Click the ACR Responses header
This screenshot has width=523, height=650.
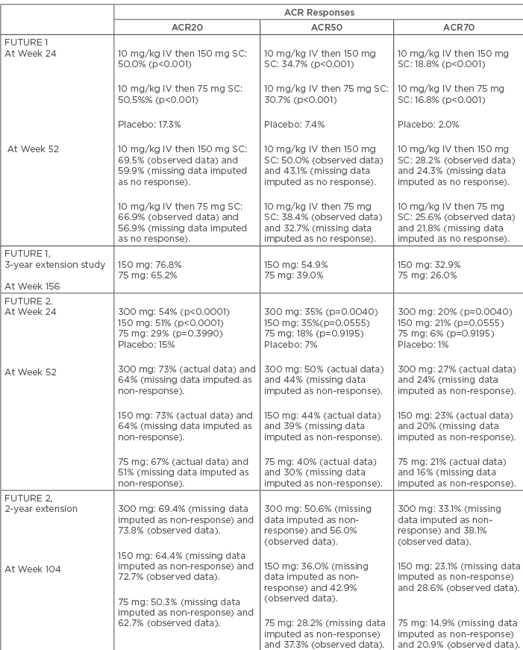click(319, 13)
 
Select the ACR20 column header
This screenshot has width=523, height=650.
click(187, 27)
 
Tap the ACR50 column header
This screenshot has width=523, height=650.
click(326, 27)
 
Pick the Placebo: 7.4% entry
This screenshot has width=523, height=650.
click(293, 124)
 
